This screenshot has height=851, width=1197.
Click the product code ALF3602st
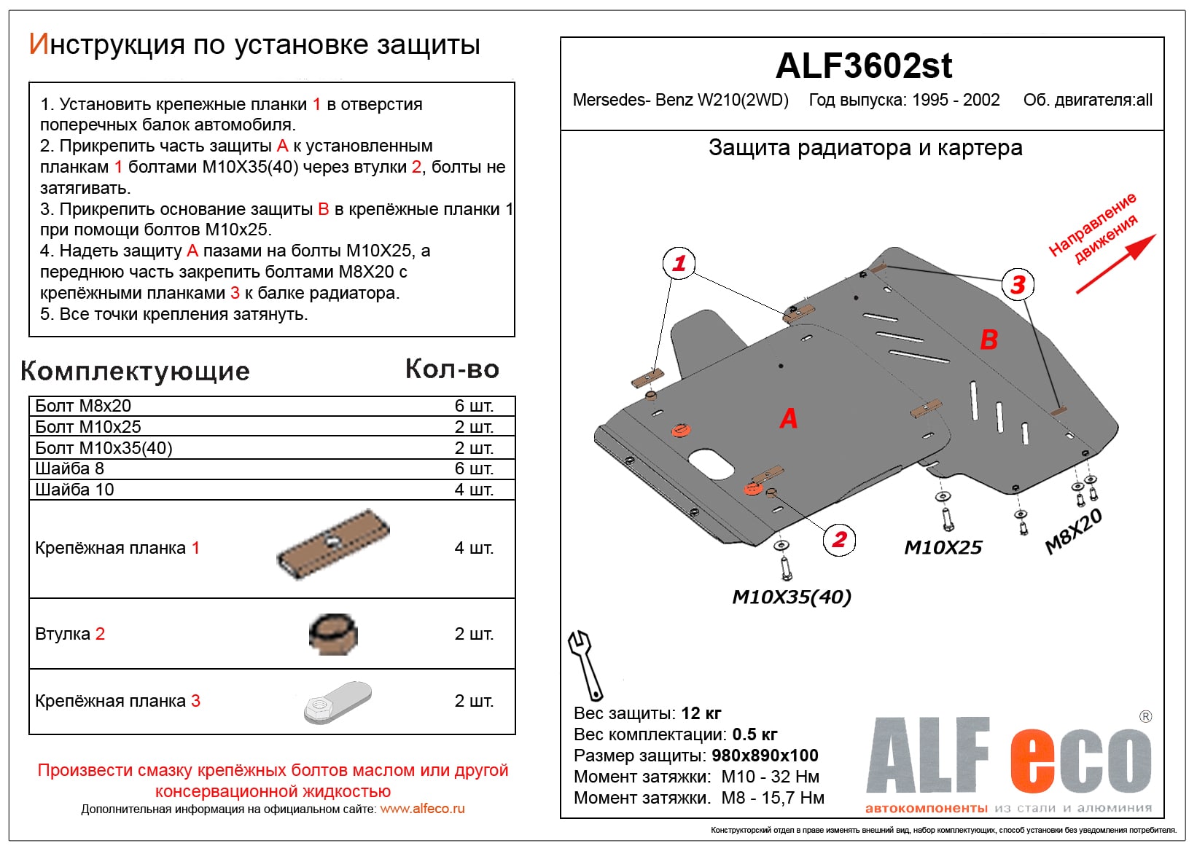(x=863, y=66)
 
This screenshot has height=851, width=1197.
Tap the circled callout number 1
(x=679, y=263)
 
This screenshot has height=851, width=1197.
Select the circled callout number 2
(x=839, y=539)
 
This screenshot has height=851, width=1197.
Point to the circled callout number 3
(x=1018, y=283)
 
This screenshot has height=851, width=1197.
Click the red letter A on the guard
(x=788, y=419)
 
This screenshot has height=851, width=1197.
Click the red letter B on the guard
(x=989, y=340)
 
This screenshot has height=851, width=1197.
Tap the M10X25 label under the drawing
(x=943, y=547)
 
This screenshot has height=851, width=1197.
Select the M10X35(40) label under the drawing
(x=791, y=597)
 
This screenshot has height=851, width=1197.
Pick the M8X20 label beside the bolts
(x=1073, y=531)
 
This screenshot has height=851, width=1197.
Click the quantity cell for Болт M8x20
(x=474, y=406)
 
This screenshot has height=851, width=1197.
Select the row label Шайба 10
(x=74, y=490)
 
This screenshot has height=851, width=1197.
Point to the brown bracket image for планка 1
(x=333, y=544)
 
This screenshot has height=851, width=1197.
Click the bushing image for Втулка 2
(x=333, y=633)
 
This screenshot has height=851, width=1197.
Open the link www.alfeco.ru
(x=422, y=809)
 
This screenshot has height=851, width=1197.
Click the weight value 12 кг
(x=701, y=713)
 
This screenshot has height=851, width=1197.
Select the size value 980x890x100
(x=765, y=756)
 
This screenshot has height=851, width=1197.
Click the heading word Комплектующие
(x=135, y=372)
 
